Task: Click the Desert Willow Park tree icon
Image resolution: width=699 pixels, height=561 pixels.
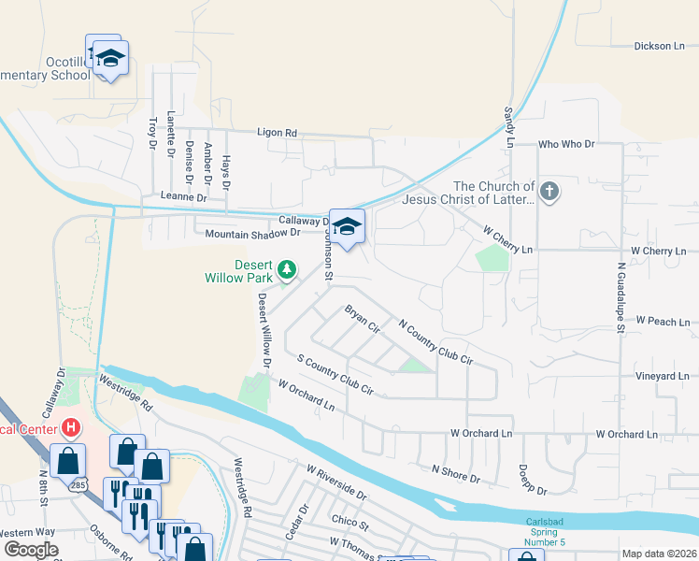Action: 287,270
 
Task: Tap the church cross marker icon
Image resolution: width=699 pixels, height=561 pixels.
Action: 549,193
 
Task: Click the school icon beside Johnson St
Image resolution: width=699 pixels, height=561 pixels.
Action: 347,226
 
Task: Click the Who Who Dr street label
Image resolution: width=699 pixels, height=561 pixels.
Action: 567,145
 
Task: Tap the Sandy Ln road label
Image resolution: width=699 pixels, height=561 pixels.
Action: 509,128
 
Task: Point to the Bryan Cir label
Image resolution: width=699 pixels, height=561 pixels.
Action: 362,319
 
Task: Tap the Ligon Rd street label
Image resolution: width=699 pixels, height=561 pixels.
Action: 278,134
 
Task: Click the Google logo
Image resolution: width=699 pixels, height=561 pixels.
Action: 31,550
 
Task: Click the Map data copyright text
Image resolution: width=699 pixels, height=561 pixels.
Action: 658,554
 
